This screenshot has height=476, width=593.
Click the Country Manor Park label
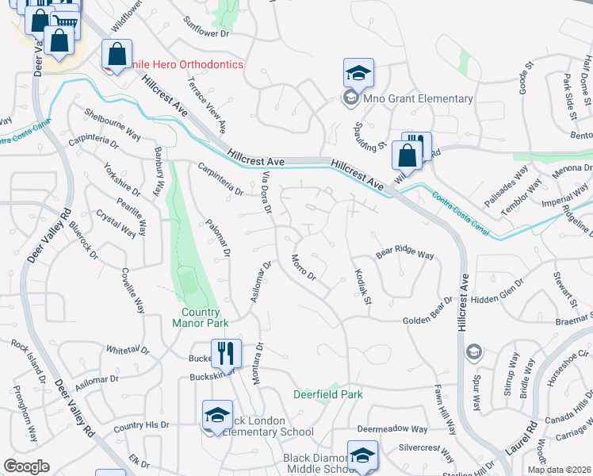[200, 317]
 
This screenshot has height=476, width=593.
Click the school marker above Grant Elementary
[358, 73]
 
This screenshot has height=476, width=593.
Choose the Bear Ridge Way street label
[405, 255]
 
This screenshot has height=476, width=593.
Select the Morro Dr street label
[304, 268]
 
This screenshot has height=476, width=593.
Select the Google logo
[26, 466]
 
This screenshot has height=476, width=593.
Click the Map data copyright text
[560, 470]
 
